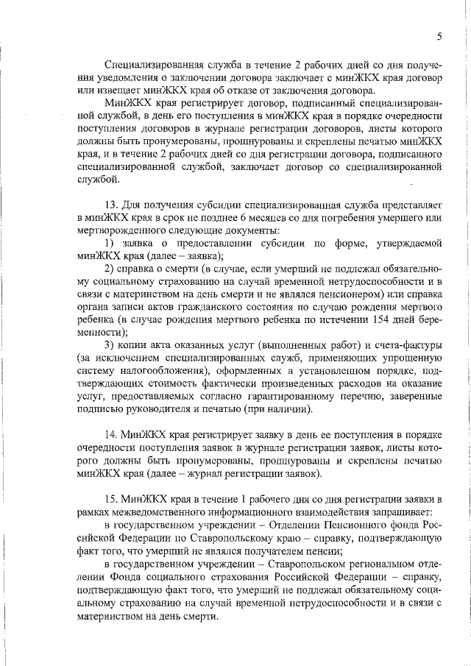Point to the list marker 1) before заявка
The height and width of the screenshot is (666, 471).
tap(109, 243)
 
